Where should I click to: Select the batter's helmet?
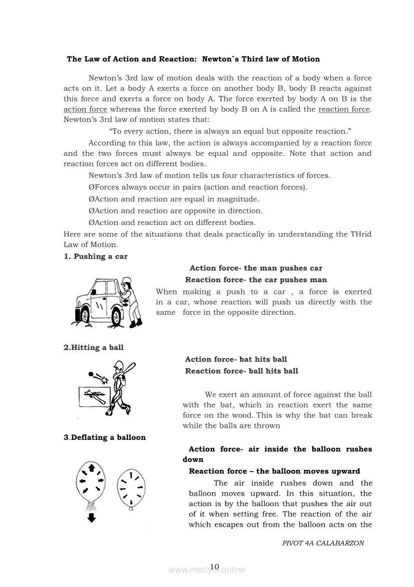(x=118, y=365)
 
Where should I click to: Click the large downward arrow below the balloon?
(x=91, y=517)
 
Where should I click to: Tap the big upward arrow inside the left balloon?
(x=91, y=468)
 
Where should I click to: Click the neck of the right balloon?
(x=132, y=508)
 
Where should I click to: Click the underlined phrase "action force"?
(x=85, y=109)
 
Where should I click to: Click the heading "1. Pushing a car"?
(x=96, y=257)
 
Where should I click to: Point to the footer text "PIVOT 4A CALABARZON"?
(x=323, y=543)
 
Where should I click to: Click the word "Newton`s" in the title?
(x=220, y=59)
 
